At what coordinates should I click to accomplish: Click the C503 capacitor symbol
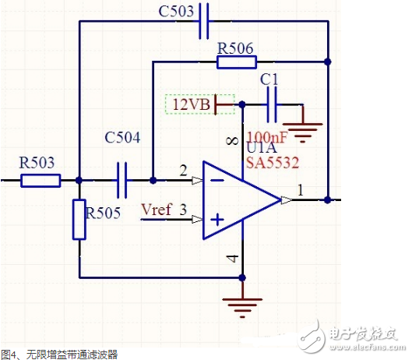pos(205,23)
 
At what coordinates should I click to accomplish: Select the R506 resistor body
pos(236,62)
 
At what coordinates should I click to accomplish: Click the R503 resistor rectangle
pos(40,181)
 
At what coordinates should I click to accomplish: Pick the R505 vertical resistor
pos(79,219)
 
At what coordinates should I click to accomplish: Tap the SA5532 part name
pos(270,163)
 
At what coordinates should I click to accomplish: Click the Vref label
pos(155,209)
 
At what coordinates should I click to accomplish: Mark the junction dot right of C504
pos(153,180)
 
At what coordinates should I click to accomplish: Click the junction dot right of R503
pos(79,181)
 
